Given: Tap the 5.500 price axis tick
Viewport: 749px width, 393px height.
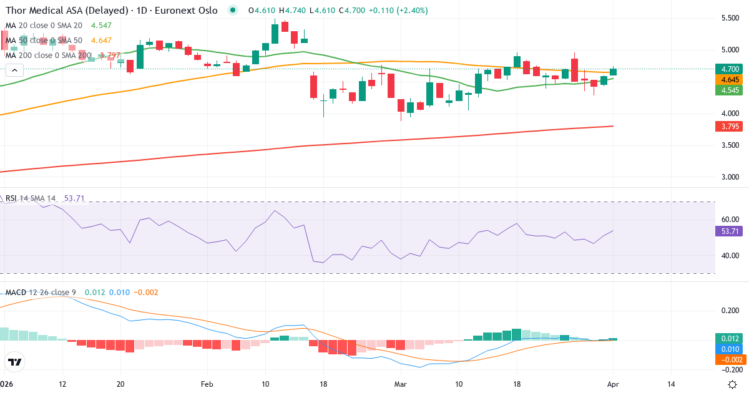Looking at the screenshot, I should point(730,18).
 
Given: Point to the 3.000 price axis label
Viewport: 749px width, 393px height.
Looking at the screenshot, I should point(730,177).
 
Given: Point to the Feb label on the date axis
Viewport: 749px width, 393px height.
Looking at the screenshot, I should point(207,384).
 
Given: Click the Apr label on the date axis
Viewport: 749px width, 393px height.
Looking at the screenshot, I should point(612,384).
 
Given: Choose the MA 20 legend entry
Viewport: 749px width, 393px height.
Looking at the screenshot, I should point(44,26).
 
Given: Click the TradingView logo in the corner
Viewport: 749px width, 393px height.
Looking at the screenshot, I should point(15,362).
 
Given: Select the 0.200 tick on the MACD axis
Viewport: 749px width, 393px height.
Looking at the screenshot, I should point(728,311).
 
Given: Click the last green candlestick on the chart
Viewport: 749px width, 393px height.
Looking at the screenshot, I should point(614,72).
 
